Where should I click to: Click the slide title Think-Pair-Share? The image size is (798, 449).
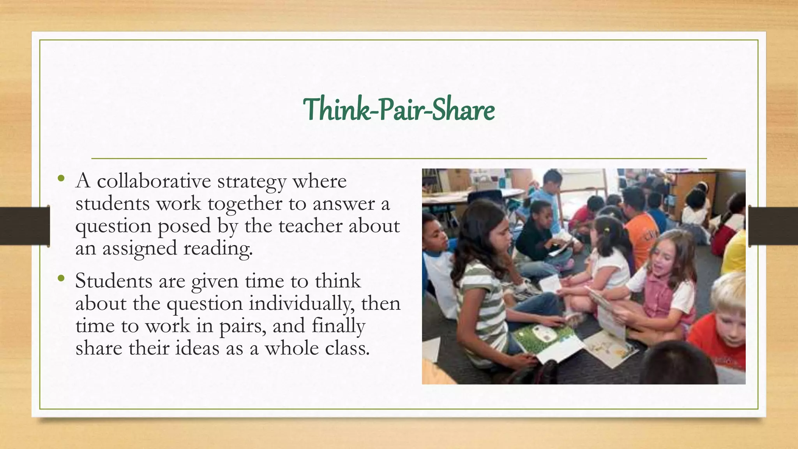[399, 110]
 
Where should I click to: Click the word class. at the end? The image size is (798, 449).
[347, 348]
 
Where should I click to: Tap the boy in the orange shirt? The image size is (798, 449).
[639, 226]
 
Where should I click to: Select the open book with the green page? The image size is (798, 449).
[546, 339]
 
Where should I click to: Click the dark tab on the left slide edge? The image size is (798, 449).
[25, 226]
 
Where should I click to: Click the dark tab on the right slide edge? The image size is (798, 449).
[773, 226]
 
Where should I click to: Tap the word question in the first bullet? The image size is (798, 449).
[113, 226]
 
